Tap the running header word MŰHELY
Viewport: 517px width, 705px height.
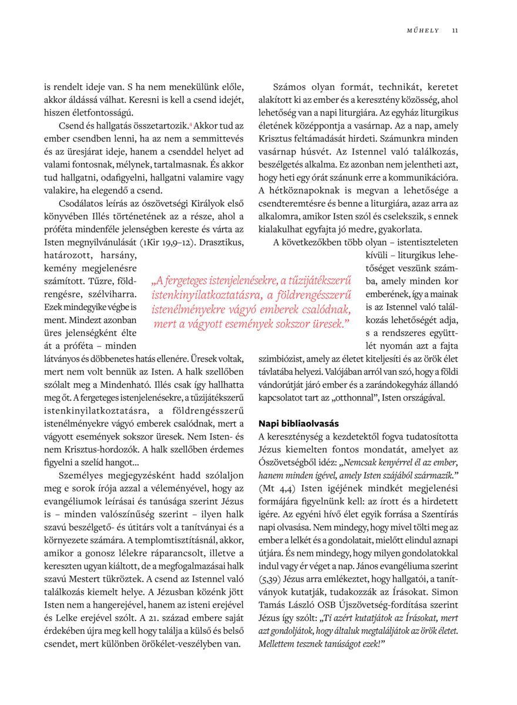click(423, 31)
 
